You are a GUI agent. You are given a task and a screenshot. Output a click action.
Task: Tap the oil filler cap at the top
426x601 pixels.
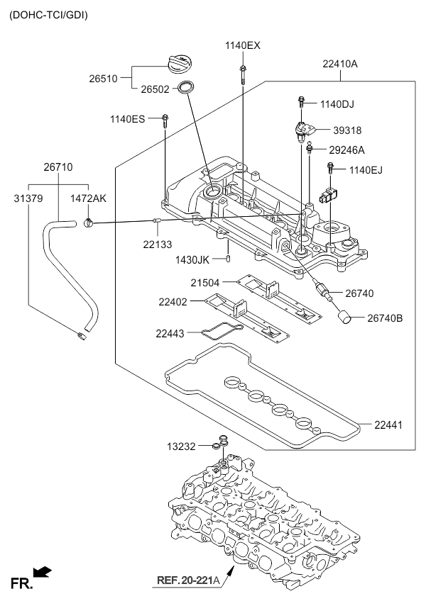[x=179, y=63]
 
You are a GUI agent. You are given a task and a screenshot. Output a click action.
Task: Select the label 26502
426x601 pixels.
[x=155, y=89]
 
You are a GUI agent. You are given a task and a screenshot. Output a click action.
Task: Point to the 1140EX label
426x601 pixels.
[x=243, y=45]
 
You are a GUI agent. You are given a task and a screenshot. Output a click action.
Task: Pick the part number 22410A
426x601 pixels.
[x=339, y=64]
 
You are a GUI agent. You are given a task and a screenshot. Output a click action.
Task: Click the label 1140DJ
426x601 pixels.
[x=337, y=104]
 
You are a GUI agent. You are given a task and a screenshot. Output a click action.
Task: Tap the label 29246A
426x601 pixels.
[x=346, y=150]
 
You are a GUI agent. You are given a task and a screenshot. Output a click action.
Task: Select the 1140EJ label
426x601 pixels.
[x=366, y=169]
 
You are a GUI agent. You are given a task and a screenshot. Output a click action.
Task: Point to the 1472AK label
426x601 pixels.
[x=88, y=199]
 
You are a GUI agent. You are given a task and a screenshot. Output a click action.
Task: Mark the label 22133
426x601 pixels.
[x=158, y=244]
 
